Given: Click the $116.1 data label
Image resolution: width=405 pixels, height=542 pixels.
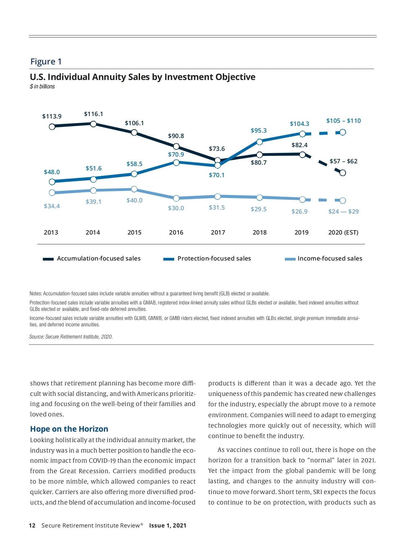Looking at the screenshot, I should (93, 114).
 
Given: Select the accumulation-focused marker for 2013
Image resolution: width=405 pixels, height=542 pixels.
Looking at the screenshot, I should (52, 127).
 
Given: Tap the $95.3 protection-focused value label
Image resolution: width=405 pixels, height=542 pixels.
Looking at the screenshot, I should (259, 131).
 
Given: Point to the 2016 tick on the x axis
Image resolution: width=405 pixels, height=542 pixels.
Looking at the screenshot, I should (176, 233).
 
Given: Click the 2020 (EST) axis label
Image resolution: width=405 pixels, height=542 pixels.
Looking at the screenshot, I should (343, 233).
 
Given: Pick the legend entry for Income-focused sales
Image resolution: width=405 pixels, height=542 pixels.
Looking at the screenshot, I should (324, 259).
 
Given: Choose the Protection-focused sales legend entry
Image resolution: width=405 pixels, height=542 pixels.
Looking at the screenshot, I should (208, 259).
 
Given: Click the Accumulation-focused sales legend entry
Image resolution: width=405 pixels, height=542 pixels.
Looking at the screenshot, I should (92, 259).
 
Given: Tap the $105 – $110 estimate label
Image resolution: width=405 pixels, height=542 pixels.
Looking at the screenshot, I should (344, 121).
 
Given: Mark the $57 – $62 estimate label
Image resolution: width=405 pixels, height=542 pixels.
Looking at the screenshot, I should (344, 161).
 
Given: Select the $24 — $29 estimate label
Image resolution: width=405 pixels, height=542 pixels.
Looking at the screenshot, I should (344, 212).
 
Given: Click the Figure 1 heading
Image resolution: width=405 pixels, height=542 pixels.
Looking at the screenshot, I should (46, 61).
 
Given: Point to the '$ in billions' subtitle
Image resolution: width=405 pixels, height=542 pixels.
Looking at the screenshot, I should (42, 87).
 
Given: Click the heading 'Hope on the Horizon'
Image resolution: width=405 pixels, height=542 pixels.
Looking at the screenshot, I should (69, 429).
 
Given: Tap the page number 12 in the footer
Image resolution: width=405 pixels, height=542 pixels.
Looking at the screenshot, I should (32, 525).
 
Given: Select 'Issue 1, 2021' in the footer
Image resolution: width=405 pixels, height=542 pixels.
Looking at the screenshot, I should (168, 525).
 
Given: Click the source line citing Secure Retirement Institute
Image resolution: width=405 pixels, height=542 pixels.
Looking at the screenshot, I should (71, 337).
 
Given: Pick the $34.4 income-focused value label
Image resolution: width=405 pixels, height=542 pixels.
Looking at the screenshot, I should (52, 206).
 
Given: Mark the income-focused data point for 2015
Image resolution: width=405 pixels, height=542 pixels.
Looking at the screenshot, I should (134, 189).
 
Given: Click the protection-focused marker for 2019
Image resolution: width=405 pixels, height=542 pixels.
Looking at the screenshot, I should (302, 134).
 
